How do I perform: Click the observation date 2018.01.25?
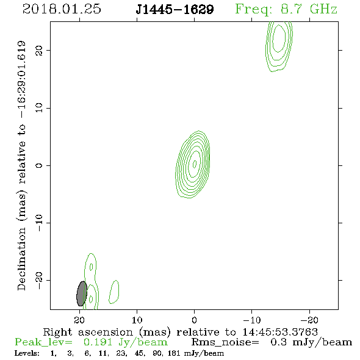tap(62, 9)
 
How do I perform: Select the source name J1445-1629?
tap(175, 10)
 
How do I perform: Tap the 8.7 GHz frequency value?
tap(309, 9)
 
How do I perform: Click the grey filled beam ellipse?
tap(82, 293)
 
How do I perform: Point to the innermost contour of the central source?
tap(195, 164)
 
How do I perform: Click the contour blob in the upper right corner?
tap(279, 46)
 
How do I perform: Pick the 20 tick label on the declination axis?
tap(39, 51)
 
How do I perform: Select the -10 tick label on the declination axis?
tap(39, 223)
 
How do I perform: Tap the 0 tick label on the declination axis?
tap(39, 165)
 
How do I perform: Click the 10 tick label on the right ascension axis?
tap(137, 320)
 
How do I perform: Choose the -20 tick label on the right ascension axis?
tap(309, 320)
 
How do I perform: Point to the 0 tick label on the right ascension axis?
tap(195, 320)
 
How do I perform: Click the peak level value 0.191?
tap(98, 342)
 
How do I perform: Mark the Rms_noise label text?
tap(225, 342)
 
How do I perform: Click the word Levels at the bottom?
tap(27, 353)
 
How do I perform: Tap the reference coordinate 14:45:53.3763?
tap(280, 332)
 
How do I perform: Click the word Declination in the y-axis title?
tap(21, 259)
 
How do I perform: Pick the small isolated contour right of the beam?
tap(114, 292)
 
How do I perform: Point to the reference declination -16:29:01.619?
tap(21, 79)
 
